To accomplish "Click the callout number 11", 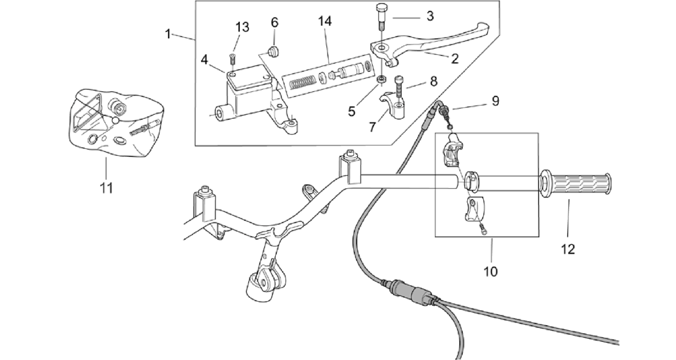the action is [x=106, y=188].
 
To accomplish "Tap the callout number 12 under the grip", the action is [x=568, y=249].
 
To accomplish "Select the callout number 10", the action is [x=490, y=272].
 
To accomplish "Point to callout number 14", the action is [x=324, y=21].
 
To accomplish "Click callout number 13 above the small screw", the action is [x=242, y=27].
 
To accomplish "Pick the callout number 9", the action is [x=275, y=22].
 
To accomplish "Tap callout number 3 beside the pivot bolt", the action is [x=430, y=16].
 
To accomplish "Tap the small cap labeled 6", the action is [x=274, y=51].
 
